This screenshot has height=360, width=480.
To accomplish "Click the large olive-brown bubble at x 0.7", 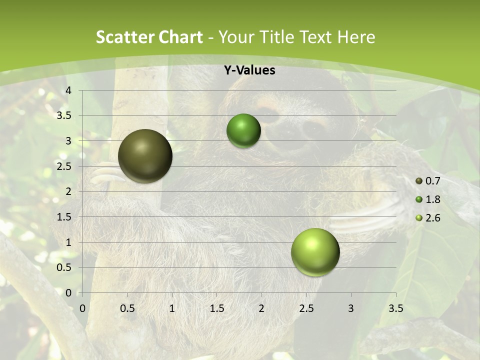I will [x=145, y=156].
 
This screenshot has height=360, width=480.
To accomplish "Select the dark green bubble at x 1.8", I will [x=243, y=130].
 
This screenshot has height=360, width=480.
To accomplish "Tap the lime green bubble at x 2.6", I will [x=315, y=252].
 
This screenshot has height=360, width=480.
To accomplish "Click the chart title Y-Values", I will [x=249, y=70].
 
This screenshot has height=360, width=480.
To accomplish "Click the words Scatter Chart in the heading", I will [x=149, y=37].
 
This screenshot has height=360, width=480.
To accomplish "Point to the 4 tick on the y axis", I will [x=69, y=90].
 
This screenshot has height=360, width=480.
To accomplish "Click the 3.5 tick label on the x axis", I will [x=395, y=308].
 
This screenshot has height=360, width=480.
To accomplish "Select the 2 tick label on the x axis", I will [x=261, y=308].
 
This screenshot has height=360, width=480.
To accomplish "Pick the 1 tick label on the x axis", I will [x=172, y=308].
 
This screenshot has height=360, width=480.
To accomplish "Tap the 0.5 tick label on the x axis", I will [x=127, y=308].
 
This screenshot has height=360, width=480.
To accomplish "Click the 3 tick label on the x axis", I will [x=351, y=308].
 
